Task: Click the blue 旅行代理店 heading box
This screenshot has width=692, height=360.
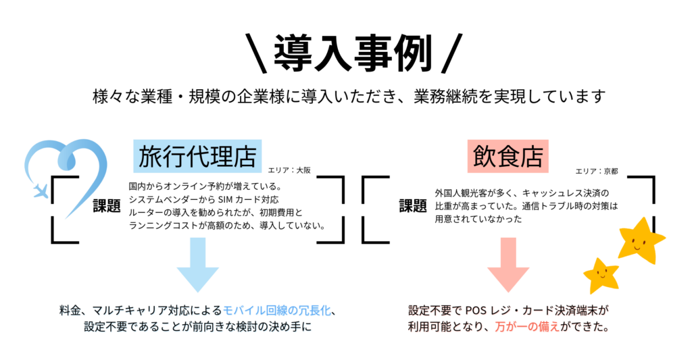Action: tap(197, 157)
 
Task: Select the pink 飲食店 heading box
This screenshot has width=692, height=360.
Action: tap(508, 157)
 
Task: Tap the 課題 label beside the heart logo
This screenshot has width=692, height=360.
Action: tap(107, 207)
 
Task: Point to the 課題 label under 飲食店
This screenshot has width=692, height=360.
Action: tap(413, 207)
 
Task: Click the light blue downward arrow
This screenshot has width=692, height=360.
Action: tap(197, 264)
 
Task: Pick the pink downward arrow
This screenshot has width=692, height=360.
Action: tap(508, 264)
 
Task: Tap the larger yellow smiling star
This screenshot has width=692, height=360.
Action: tap(639, 240)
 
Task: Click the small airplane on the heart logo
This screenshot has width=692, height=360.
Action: tap(41, 190)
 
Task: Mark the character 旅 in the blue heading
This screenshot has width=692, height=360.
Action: tap(149, 157)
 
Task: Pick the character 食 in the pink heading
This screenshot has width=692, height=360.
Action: tap(508, 157)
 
